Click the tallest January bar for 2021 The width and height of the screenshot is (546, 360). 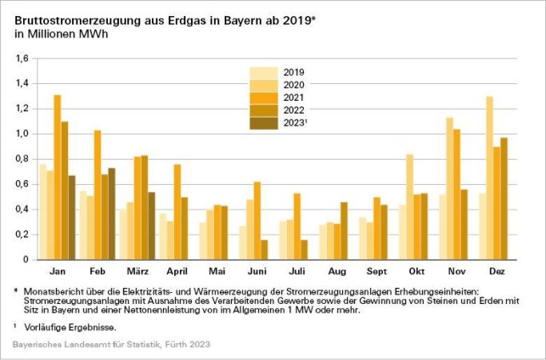click(58, 177)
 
